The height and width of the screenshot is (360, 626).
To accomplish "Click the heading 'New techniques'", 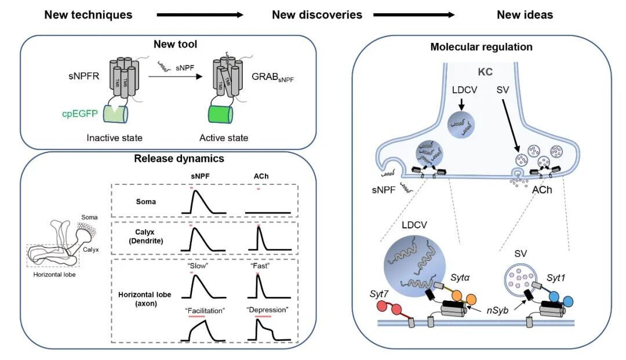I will (88, 14).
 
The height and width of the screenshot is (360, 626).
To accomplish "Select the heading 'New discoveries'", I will (317, 14).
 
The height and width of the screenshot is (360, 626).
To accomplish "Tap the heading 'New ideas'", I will (525, 14).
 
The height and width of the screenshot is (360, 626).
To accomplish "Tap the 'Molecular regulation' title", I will (481, 47).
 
